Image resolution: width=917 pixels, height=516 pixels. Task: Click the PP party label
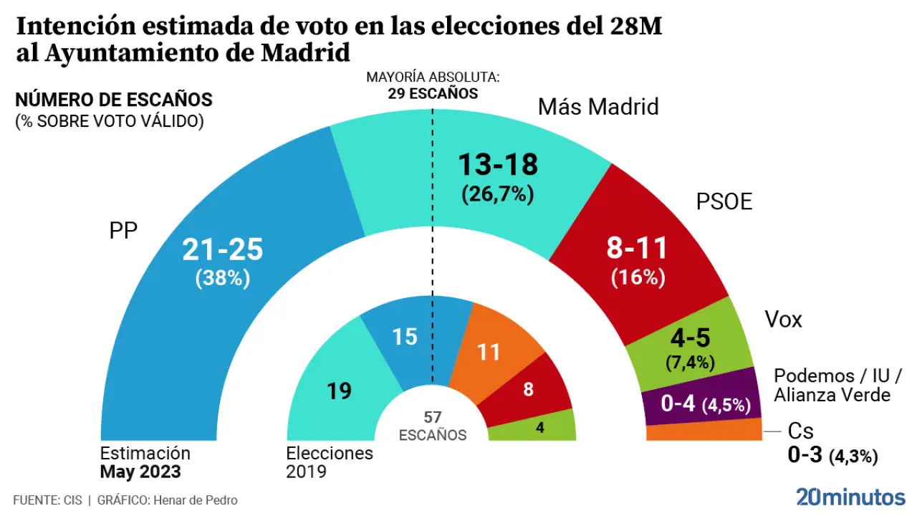(x=123, y=231)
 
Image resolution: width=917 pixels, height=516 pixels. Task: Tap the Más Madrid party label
(x=598, y=107)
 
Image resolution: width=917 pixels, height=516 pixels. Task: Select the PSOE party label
(x=724, y=202)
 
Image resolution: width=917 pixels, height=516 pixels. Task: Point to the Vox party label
(x=783, y=319)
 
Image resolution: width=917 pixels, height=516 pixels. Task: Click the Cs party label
(x=800, y=431)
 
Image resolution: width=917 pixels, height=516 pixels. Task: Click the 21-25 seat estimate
(x=223, y=249)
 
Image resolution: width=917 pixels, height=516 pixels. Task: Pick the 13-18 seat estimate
(x=498, y=165)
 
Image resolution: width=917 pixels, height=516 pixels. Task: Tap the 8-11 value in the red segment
(x=638, y=249)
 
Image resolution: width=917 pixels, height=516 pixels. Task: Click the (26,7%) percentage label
(x=498, y=194)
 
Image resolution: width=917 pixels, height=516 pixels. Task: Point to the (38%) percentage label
(x=223, y=278)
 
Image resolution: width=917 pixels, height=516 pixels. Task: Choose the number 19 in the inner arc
(x=340, y=391)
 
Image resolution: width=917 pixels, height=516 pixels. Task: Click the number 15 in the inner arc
(x=405, y=336)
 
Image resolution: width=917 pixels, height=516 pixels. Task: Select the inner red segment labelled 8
(x=528, y=390)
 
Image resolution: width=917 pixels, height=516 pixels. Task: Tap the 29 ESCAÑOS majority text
(x=433, y=93)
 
